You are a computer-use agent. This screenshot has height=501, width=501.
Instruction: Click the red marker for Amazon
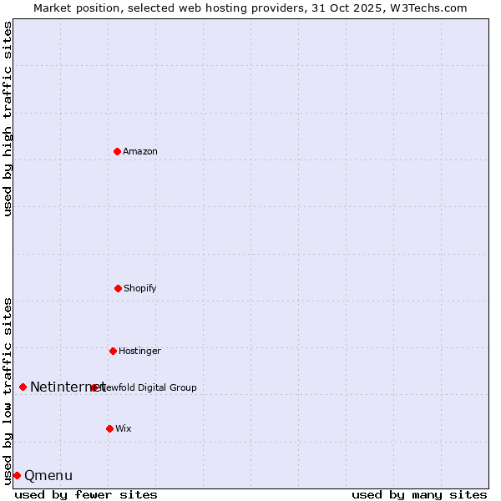click(x=117, y=151)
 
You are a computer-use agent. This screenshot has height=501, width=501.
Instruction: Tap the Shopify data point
click(x=118, y=288)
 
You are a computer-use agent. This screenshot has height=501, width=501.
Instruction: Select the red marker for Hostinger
click(x=113, y=351)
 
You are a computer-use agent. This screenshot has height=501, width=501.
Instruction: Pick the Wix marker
click(x=109, y=428)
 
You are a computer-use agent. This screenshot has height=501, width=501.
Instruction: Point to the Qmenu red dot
click(x=17, y=475)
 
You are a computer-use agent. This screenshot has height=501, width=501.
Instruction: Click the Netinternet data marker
click(x=23, y=387)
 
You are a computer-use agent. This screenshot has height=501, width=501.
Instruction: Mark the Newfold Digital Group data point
click(x=94, y=387)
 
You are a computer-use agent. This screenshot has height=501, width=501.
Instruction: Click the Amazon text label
click(x=140, y=152)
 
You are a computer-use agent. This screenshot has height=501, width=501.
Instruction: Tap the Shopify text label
click(x=140, y=289)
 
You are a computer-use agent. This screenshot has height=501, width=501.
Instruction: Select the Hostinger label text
click(x=139, y=352)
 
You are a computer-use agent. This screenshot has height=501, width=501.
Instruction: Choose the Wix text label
click(x=124, y=429)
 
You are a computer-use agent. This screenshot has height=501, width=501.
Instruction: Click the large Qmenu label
click(x=48, y=476)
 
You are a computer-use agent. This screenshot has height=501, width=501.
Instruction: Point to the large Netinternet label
click(x=67, y=387)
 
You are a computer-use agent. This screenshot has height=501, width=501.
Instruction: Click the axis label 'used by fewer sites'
click(x=86, y=494)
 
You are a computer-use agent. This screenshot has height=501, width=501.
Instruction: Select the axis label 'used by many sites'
click(x=419, y=494)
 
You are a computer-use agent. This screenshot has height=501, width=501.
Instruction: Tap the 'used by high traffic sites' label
click(x=8, y=119)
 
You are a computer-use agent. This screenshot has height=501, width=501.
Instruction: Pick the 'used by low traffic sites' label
click(x=8, y=390)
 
